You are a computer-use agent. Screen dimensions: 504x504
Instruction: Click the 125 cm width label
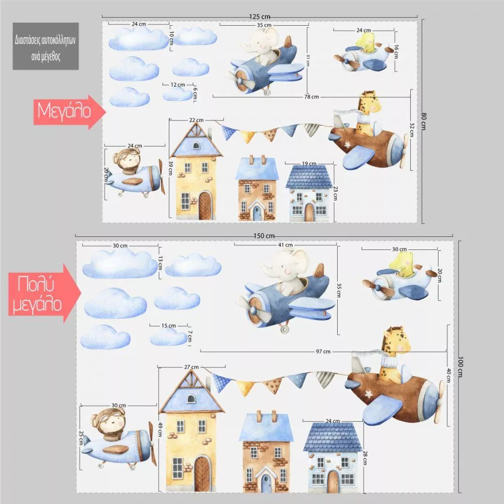coord(260,17)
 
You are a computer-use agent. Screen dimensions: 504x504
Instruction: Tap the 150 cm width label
coord(264,235)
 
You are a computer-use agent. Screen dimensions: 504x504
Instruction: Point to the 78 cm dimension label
coord(311,96)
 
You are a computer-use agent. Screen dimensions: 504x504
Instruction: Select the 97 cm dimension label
coord(323,351)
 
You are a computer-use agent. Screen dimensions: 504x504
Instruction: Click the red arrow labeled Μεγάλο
coord(70,111)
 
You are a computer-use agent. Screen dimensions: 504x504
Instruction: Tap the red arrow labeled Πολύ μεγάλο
coord(44,293)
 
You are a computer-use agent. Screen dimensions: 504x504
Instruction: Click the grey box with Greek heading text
coord(46,46)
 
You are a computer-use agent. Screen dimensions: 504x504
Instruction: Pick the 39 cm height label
coord(170,168)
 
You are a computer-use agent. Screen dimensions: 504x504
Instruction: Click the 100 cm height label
coord(460,367)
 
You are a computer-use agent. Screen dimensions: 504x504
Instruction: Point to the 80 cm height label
coord(424,121)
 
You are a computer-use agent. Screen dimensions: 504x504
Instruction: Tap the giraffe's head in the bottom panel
coord(396,340)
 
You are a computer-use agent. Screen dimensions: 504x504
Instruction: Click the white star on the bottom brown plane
coord(368,394)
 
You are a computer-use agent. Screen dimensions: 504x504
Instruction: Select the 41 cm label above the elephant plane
coord(285,245)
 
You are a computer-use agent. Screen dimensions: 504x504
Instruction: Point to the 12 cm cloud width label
coord(178,85)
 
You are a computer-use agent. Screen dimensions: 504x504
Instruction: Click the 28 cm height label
coord(365,458)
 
